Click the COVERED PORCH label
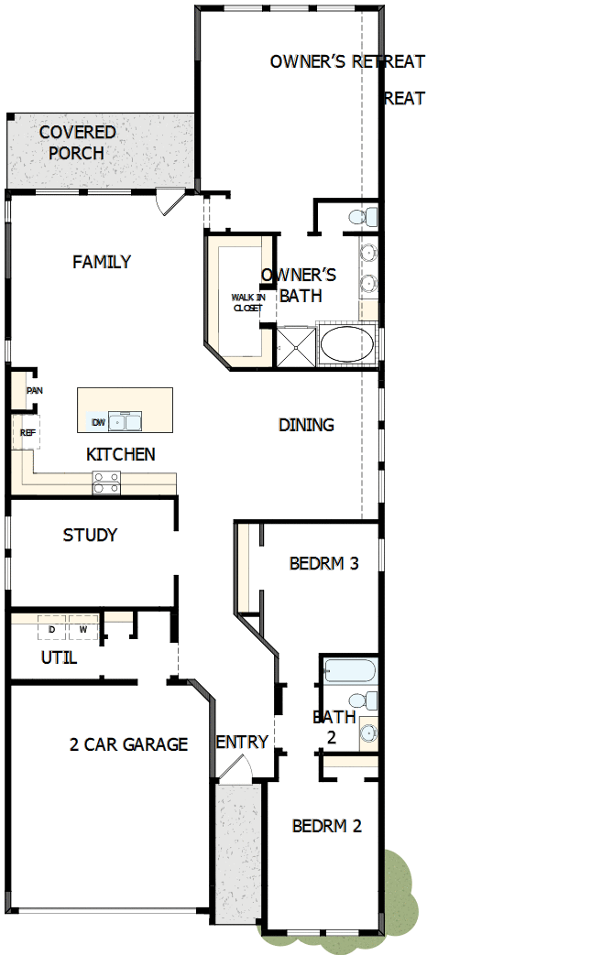[77, 143]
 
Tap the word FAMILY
[102, 262]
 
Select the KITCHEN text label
[121, 454]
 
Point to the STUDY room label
[90, 535]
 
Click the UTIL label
[59, 657]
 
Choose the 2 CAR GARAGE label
[128, 744]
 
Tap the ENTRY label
[242, 742]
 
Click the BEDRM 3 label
[323, 563]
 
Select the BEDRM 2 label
[326, 826]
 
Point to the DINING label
[306, 425]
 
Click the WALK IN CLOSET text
[247, 303]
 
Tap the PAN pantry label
[35, 391]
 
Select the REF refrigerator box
[27, 432]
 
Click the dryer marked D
[51, 630]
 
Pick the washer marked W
[82, 630]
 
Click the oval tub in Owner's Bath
[346, 345]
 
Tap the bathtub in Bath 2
[349, 670]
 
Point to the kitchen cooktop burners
[106, 483]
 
